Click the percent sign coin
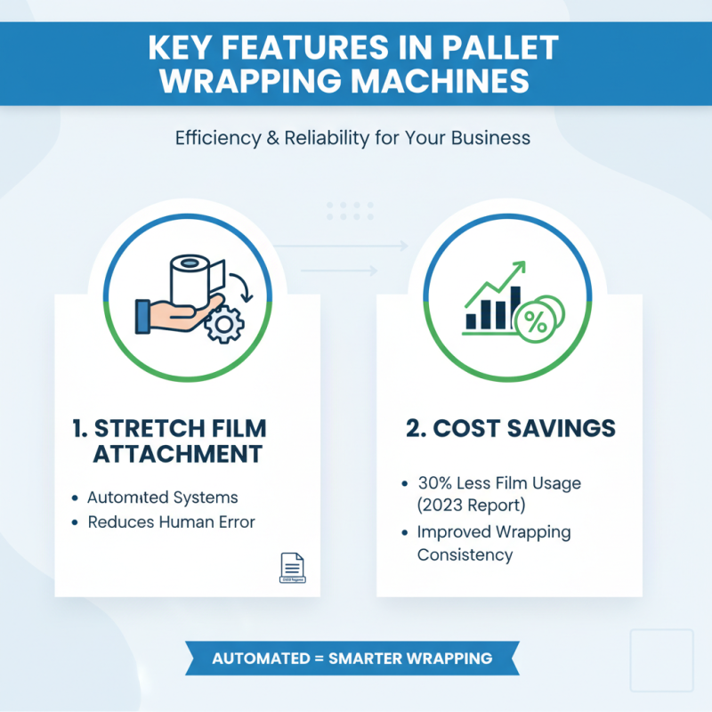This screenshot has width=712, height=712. point(538,323)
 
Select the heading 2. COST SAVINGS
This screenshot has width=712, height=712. point(510,428)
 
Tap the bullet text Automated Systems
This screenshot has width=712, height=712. point(162,498)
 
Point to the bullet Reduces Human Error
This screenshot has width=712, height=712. point(171,522)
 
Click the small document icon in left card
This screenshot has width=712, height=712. point(292,567)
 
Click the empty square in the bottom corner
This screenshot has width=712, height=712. point(660,659)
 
